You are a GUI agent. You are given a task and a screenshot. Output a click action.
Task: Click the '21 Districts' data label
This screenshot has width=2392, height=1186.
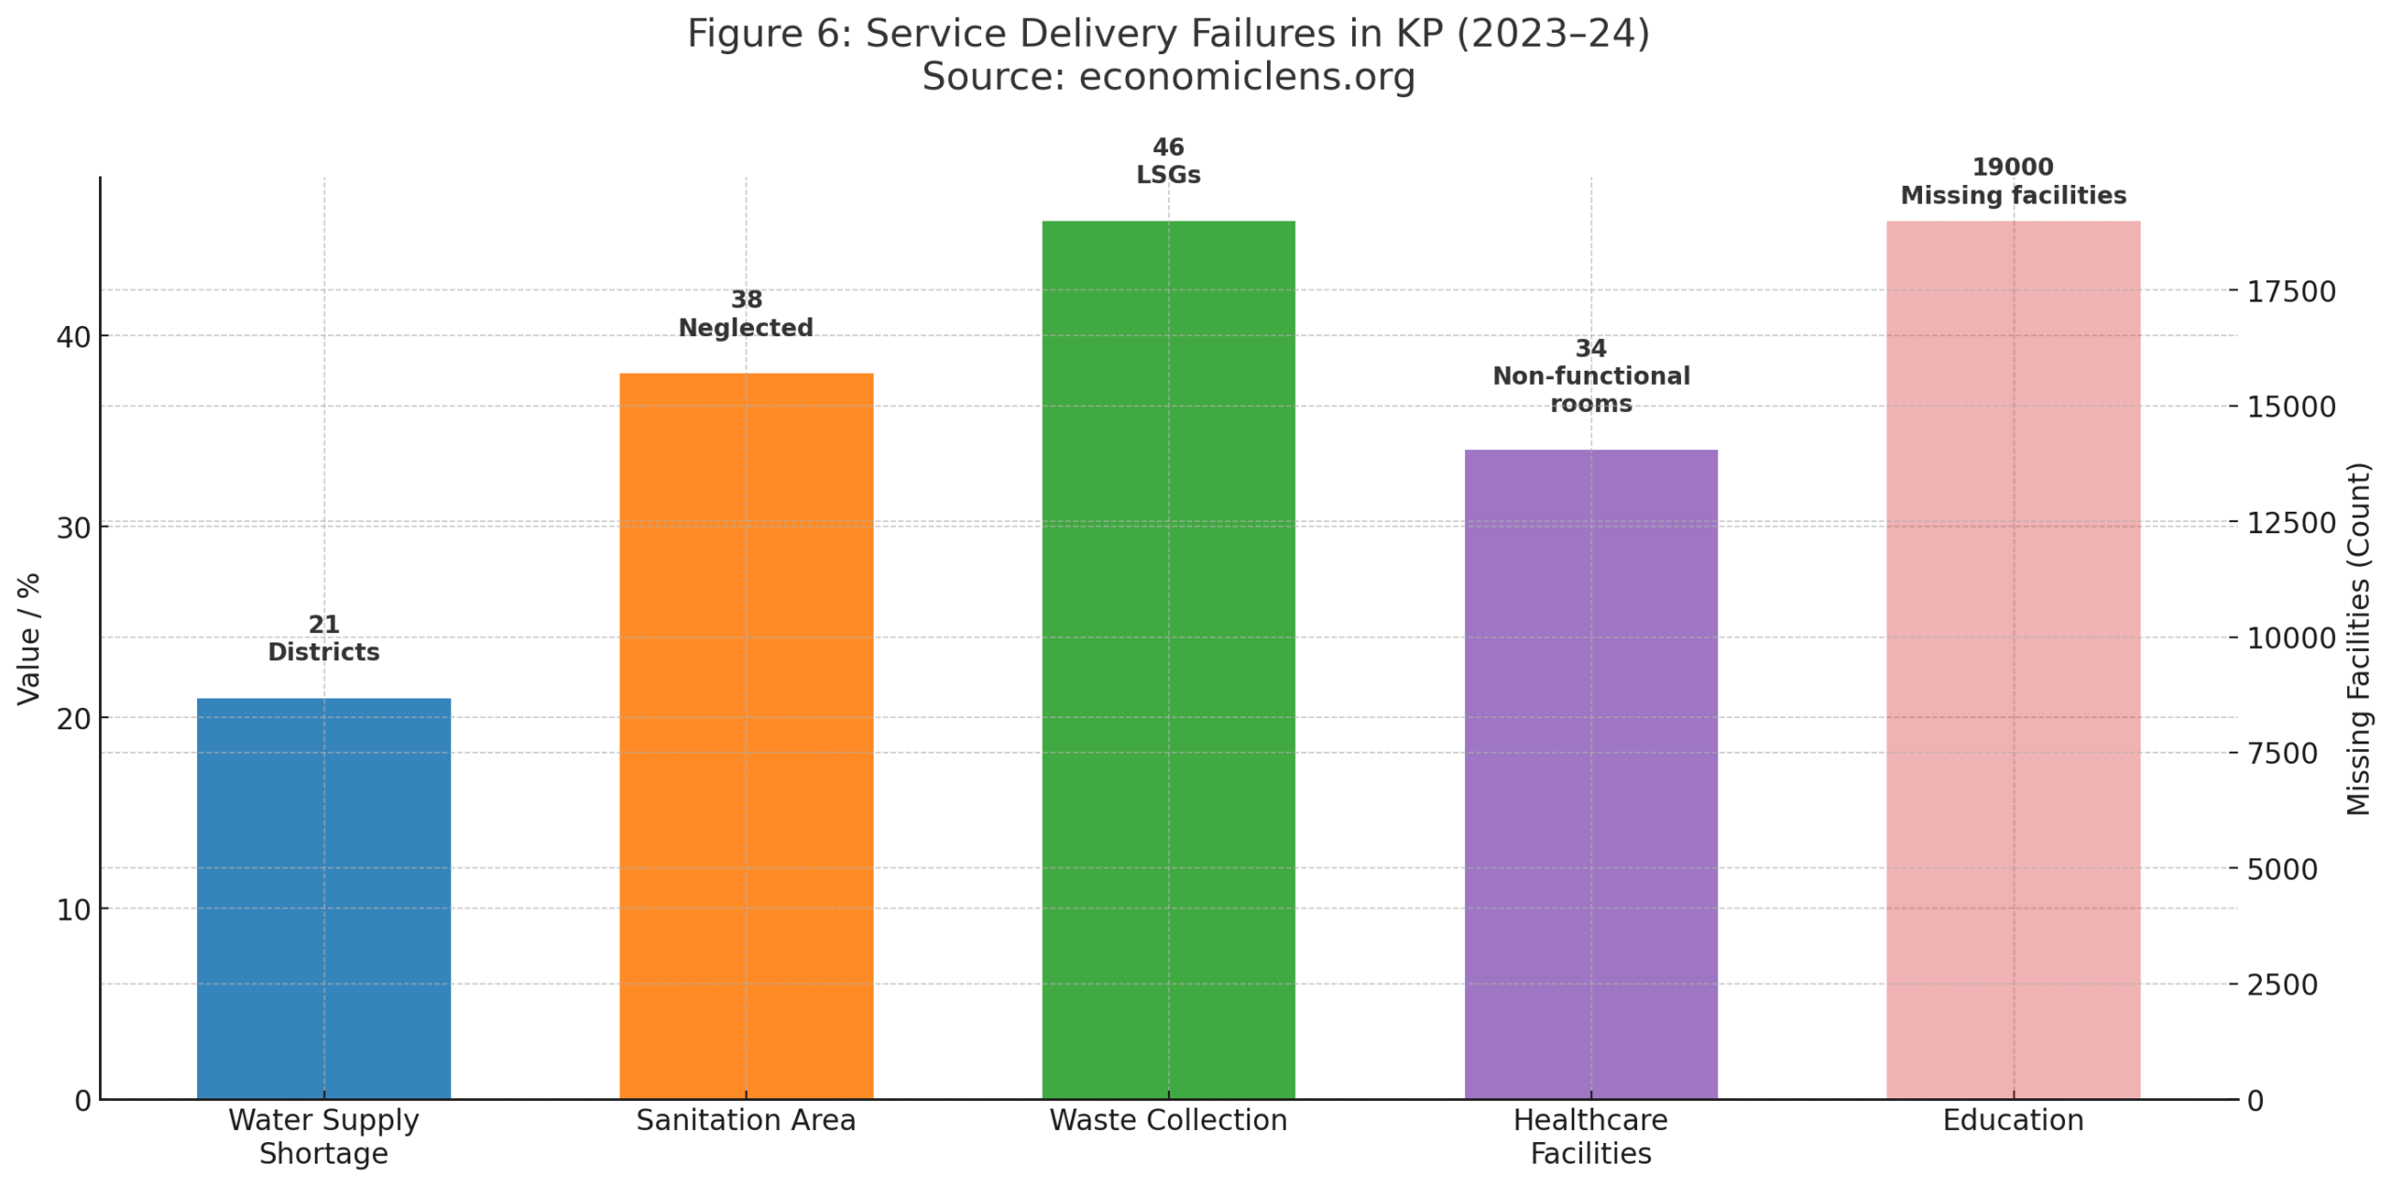pos(323,638)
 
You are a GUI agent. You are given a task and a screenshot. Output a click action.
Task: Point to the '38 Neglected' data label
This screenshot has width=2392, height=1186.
pos(746,314)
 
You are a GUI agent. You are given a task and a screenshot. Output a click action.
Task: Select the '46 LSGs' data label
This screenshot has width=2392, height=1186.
pos(1168,161)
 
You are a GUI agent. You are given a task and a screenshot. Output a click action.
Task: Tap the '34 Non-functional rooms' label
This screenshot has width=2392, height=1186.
pos(1590,375)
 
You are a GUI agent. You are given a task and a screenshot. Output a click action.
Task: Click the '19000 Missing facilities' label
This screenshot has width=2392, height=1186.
pos(2013,181)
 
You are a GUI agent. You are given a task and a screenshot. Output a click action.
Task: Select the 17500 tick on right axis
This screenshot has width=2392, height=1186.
pos(2290,291)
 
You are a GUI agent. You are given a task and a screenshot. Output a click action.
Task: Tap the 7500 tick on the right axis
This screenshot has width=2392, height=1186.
pos(2282,753)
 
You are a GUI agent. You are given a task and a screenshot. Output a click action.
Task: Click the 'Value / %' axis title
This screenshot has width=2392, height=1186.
pos(29,638)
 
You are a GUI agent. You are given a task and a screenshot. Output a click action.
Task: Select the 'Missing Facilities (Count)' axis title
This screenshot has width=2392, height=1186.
pos(2358,638)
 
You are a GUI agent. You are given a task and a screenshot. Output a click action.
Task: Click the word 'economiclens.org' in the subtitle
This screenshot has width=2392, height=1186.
pos(1246,77)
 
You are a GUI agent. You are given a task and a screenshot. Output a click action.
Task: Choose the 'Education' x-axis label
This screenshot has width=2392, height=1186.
pos(2013,1120)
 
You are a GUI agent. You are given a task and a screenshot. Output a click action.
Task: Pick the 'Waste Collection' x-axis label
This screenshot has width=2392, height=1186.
pos(1168,1120)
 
